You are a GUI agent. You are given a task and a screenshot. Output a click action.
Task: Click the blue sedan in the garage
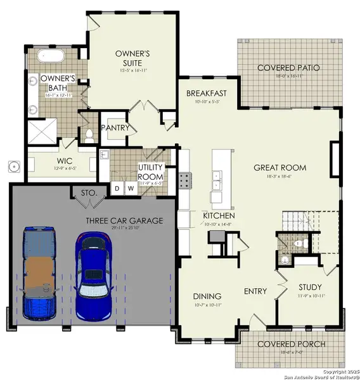93,276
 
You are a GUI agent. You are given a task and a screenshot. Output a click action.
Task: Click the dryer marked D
117,187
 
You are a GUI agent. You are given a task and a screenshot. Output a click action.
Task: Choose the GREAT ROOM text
280,168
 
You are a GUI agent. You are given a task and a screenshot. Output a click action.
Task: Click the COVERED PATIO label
288,68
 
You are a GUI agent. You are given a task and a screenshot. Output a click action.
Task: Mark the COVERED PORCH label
291,345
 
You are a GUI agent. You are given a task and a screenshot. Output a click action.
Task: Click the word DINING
207,296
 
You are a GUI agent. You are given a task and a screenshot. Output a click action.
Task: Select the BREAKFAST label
206,94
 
